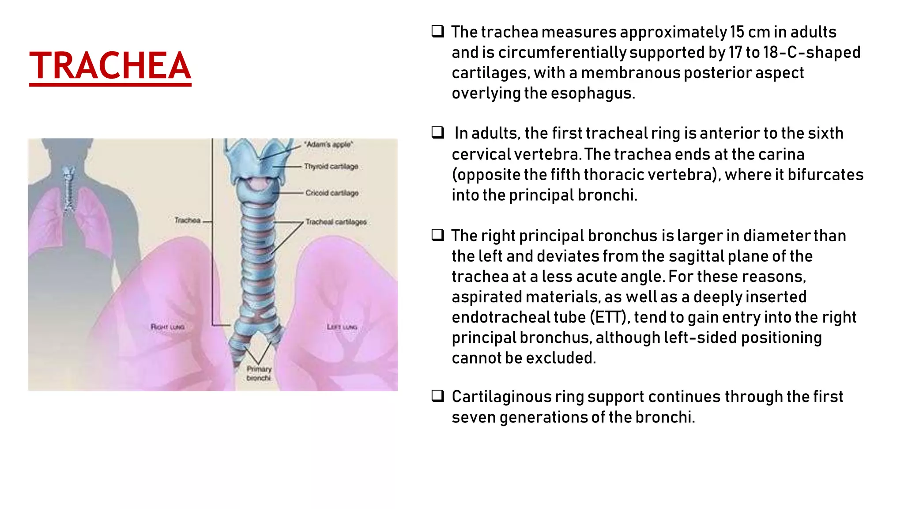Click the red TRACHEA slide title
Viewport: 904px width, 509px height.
pyautogui.click(x=110, y=66)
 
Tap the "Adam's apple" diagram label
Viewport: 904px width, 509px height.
pyautogui.click(x=328, y=144)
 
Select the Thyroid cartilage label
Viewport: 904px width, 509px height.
pyautogui.click(x=331, y=166)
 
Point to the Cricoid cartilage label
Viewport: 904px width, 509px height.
pyautogui.click(x=331, y=193)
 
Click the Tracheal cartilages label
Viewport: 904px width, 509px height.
pyautogui.click(x=336, y=221)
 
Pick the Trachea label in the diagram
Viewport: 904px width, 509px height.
pyautogui.click(x=187, y=220)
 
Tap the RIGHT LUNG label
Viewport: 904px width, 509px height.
pyautogui.click(x=167, y=327)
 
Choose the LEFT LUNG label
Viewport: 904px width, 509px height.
pyautogui.click(x=342, y=327)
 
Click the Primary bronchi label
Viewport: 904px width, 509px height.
pyautogui.click(x=259, y=373)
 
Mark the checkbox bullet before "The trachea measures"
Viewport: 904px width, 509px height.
pyautogui.click(x=437, y=31)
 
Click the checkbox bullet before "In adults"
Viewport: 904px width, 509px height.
pyautogui.click(x=437, y=133)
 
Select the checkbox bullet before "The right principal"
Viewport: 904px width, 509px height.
pyautogui.click(x=437, y=235)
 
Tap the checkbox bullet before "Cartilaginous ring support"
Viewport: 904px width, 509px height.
pyautogui.click(x=437, y=396)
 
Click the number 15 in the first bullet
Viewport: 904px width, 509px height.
pyautogui.click(x=737, y=32)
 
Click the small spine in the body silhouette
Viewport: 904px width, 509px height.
pyautogui.click(x=68, y=190)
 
